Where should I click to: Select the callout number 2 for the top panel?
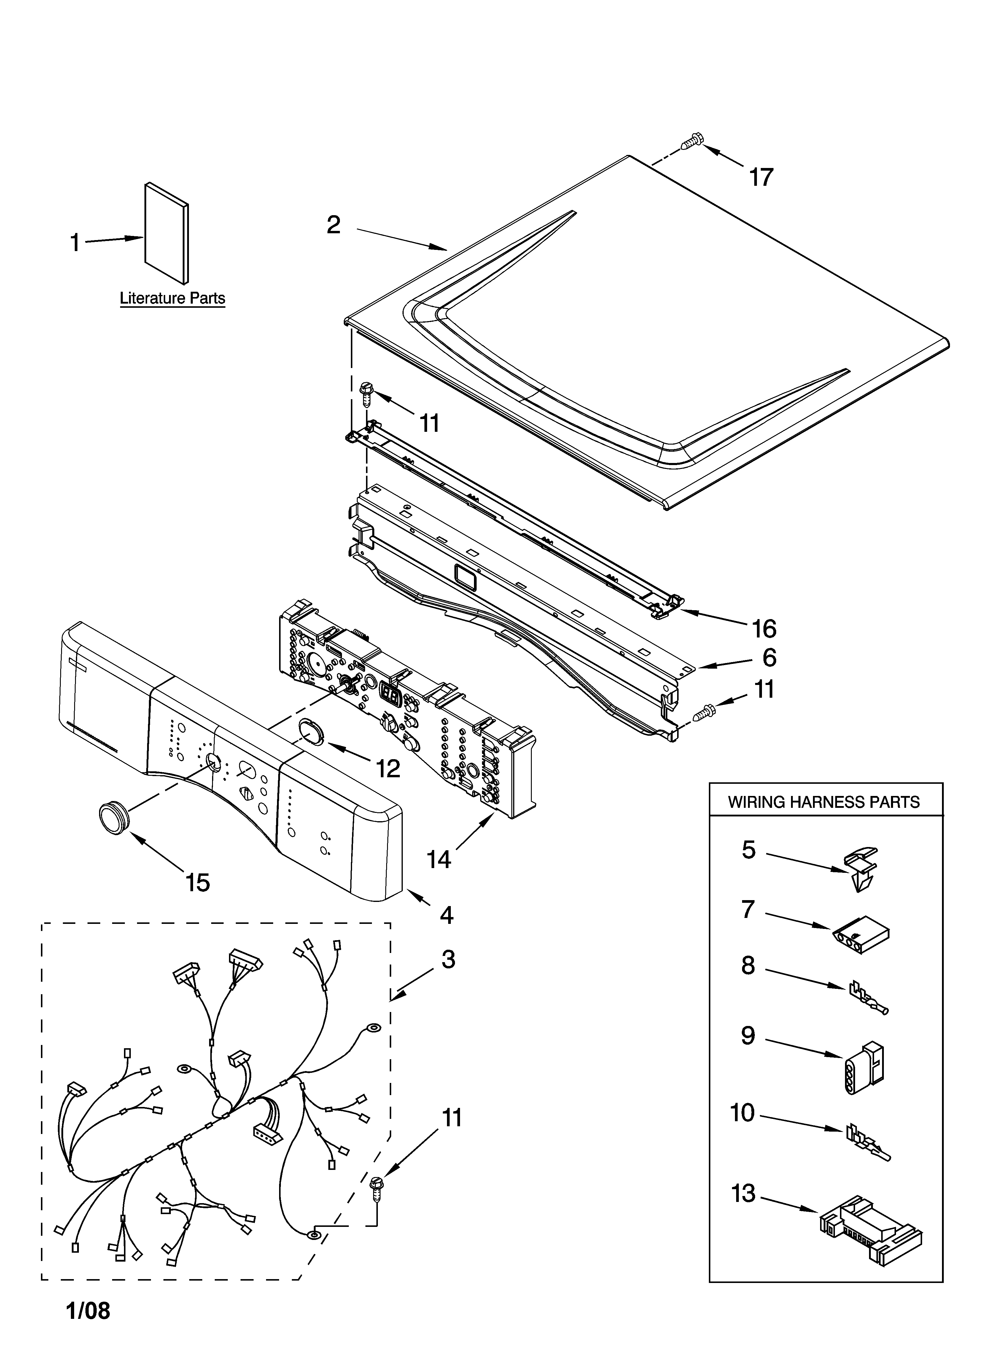(333, 225)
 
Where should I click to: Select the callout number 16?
(764, 629)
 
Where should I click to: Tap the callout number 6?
(769, 658)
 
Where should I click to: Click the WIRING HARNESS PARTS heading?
(824, 802)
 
